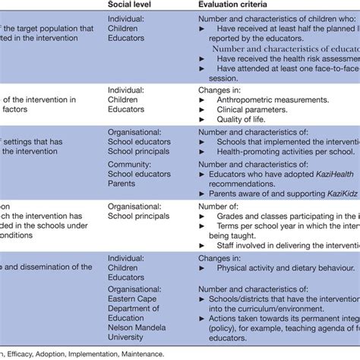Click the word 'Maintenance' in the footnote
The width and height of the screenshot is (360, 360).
click(139, 353)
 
